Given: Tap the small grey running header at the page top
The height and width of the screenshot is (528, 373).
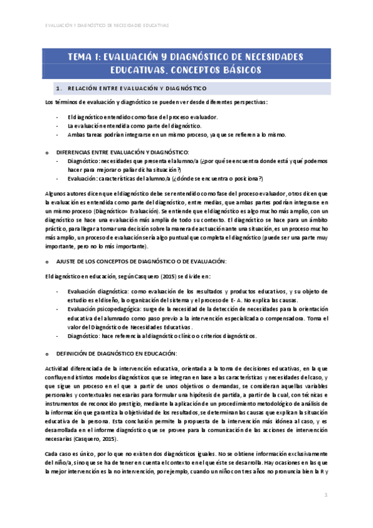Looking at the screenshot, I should [x=108, y=26].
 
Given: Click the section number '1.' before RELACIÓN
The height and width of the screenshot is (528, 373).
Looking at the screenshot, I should [x=59, y=88].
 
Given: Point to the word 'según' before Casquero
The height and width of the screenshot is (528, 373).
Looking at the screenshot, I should [x=109, y=276].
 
